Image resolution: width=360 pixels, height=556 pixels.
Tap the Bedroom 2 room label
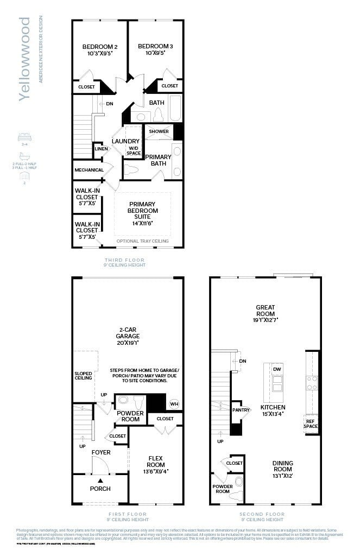click(x=100, y=50)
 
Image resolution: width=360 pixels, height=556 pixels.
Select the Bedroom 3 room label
click(x=155, y=50)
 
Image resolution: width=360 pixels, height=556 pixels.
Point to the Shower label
click(x=159, y=131)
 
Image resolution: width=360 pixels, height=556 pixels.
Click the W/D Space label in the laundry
click(x=134, y=150)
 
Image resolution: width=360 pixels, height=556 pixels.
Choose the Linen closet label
click(x=100, y=149)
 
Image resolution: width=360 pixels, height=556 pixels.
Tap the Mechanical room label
click(x=89, y=170)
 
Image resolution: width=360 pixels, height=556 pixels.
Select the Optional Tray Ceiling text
click(x=142, y=241)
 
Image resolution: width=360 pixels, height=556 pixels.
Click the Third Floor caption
click(x=125, y=260)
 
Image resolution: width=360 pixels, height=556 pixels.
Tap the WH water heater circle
click(x=174, y=403)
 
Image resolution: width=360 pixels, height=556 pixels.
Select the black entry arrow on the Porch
click(x=100, y=480)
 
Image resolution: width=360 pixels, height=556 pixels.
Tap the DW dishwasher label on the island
click(x=277, y=369)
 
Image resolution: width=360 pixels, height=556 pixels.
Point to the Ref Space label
click(x=311, y=424)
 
